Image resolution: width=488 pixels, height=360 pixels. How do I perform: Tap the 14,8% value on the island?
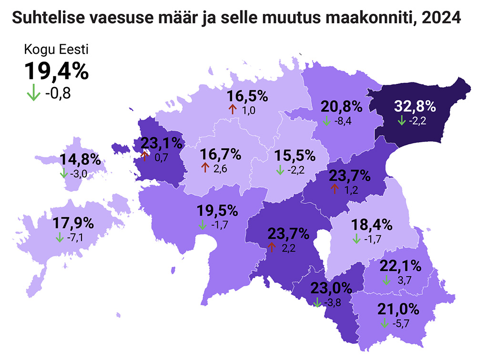click(80, 160)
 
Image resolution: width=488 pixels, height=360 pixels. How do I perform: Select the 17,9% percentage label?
click(74, 223)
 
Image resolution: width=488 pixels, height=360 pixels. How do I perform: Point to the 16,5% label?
click(247, 96)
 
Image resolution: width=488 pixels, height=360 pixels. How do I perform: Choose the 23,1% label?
click(162, 142)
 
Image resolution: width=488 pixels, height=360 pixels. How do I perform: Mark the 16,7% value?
click(221, 154)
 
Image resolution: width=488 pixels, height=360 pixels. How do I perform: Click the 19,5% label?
click(217, 210)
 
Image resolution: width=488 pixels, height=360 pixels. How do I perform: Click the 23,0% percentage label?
click(331, 288)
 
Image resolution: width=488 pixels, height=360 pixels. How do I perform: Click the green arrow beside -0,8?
click(33, 93)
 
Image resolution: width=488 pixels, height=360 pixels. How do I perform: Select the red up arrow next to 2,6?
click(205, 167)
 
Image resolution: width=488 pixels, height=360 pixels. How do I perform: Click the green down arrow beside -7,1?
click(60, 237)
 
